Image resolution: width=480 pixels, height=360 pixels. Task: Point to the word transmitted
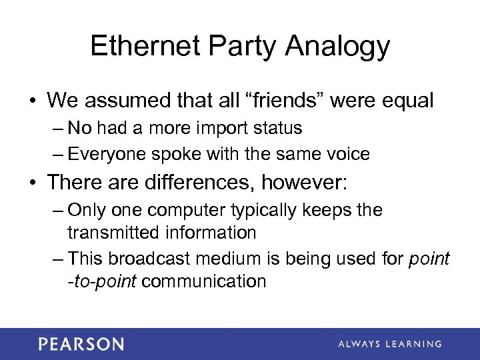pyautogui.click(x=111, y=232)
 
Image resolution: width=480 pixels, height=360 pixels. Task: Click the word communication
pyautogui.click(x=204, y=281)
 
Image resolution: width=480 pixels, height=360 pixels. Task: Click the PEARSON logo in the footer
pyautogui.click(x=81, y=344)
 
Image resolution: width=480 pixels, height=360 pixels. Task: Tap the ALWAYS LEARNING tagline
pyautogui.click(x=389, y=344)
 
